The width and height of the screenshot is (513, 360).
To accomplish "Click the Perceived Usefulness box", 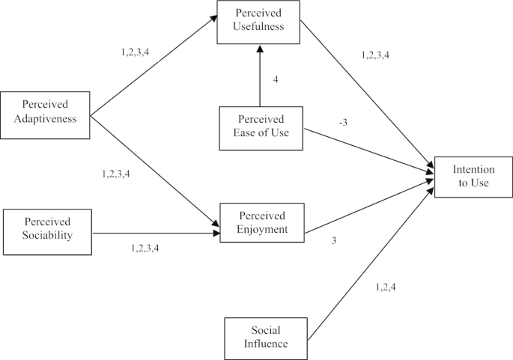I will pyautogui.click(x=258, y=22).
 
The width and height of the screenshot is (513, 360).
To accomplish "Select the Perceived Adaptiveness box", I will pyautogui.click(x=45, y=115).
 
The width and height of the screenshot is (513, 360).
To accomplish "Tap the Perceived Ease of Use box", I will pyautogui.click(x=260, y=127).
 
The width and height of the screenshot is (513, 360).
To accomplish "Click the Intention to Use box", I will pyautogui.click(x=473, y=177).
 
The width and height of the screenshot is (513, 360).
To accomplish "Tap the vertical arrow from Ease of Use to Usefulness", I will pyautogui.click(x=260, y=75).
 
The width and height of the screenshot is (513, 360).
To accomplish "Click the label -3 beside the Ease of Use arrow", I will pyautogui.click(x=342, y=121).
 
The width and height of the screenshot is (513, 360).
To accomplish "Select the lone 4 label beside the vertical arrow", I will pyautogui.click(x=276, y=79).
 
